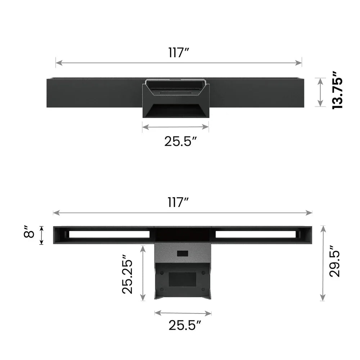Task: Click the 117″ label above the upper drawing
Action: click(x=179, y=53)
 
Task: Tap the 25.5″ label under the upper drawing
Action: click(x=181, y=141)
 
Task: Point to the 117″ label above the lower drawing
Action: click(x=178, y=202)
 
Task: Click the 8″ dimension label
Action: click(x=29, y=231)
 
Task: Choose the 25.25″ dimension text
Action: click(x=127, y=274)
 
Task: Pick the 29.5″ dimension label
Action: click(x=335, y=261)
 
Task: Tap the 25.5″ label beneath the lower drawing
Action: click(x=185, y=325)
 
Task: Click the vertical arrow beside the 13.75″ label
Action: click(x=320, y=92)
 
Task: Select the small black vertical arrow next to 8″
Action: click(x=41, y=235)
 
